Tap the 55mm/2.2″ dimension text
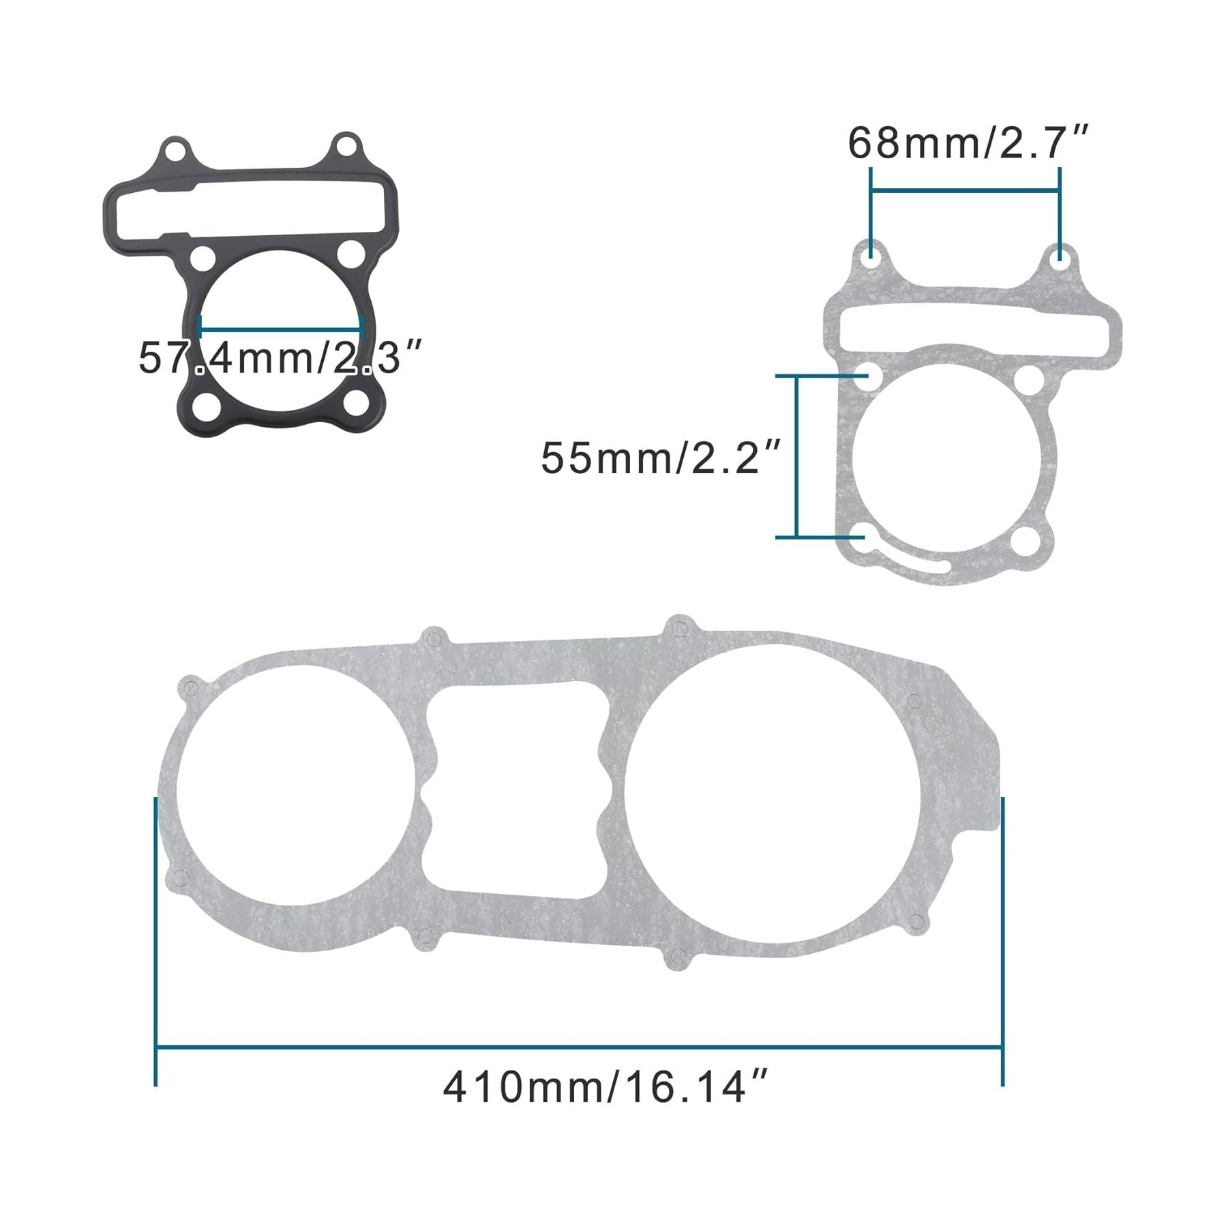[660, 458]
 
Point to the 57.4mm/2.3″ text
[280, 357]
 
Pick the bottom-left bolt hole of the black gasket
[203, 407]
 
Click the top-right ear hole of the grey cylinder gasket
[1059, 258]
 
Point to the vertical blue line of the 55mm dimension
[796, 457]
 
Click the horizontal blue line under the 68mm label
[965, 192]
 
